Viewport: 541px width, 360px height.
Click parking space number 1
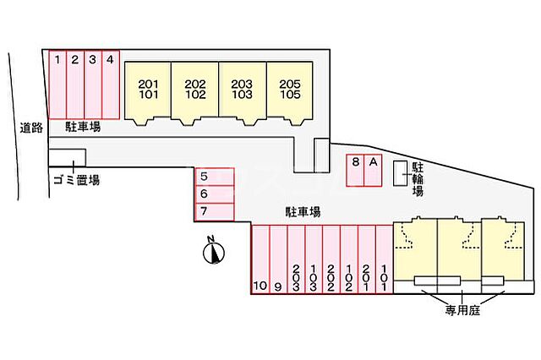pos(57,85)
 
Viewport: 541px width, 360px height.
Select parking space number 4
pos(110,85)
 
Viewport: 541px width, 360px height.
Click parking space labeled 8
pos(356,171)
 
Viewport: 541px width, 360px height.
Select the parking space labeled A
pos(373,171)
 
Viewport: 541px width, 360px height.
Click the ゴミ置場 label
pos(76,178)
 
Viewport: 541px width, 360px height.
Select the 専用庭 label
pos(462,311)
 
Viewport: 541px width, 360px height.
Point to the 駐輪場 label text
pos(417,178)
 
